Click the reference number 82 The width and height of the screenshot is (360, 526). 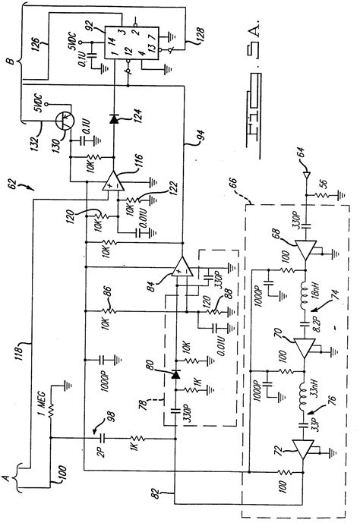[x=175, y=494]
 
